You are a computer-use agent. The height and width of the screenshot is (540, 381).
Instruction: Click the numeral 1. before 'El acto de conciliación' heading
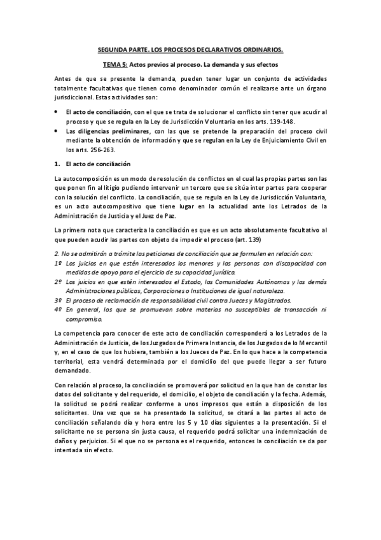[x=58, y=164]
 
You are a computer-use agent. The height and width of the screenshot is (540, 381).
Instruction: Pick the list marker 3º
[x=58, y=299]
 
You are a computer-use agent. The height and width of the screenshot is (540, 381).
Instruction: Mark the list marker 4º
[x=58, y=309]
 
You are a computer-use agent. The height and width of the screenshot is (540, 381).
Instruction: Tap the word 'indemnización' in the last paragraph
[x=299, y=432]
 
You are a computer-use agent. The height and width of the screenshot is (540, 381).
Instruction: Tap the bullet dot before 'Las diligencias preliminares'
[x=58, y=131]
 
